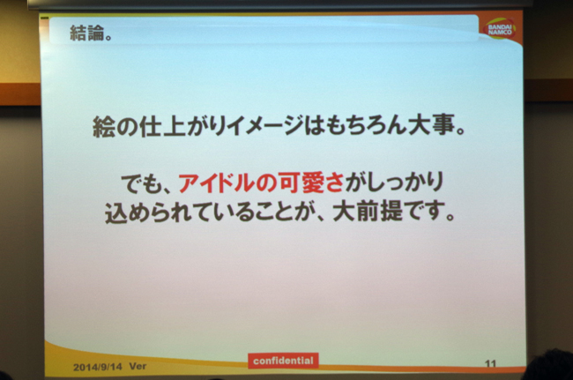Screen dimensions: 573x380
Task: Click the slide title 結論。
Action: coord(91,34)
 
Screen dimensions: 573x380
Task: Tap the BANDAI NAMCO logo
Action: coord(500,28)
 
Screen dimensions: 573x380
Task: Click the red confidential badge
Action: coord(283,361)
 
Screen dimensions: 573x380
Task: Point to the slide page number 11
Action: coord(490,363)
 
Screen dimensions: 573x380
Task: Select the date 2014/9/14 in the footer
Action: coord(98,367)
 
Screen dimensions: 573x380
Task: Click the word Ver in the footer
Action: coord(138,366)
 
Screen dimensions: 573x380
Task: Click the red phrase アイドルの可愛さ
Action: coord(261,182)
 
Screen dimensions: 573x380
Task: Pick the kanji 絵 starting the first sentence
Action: coord(104,126)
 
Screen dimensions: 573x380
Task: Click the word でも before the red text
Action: coord(141,183)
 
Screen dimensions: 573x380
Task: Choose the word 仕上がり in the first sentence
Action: coord(182,126)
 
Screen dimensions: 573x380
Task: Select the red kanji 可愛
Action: coord(301,182)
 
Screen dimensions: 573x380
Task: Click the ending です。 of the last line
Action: coord(429,212)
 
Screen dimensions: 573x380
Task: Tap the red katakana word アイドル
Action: coord(216,183)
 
